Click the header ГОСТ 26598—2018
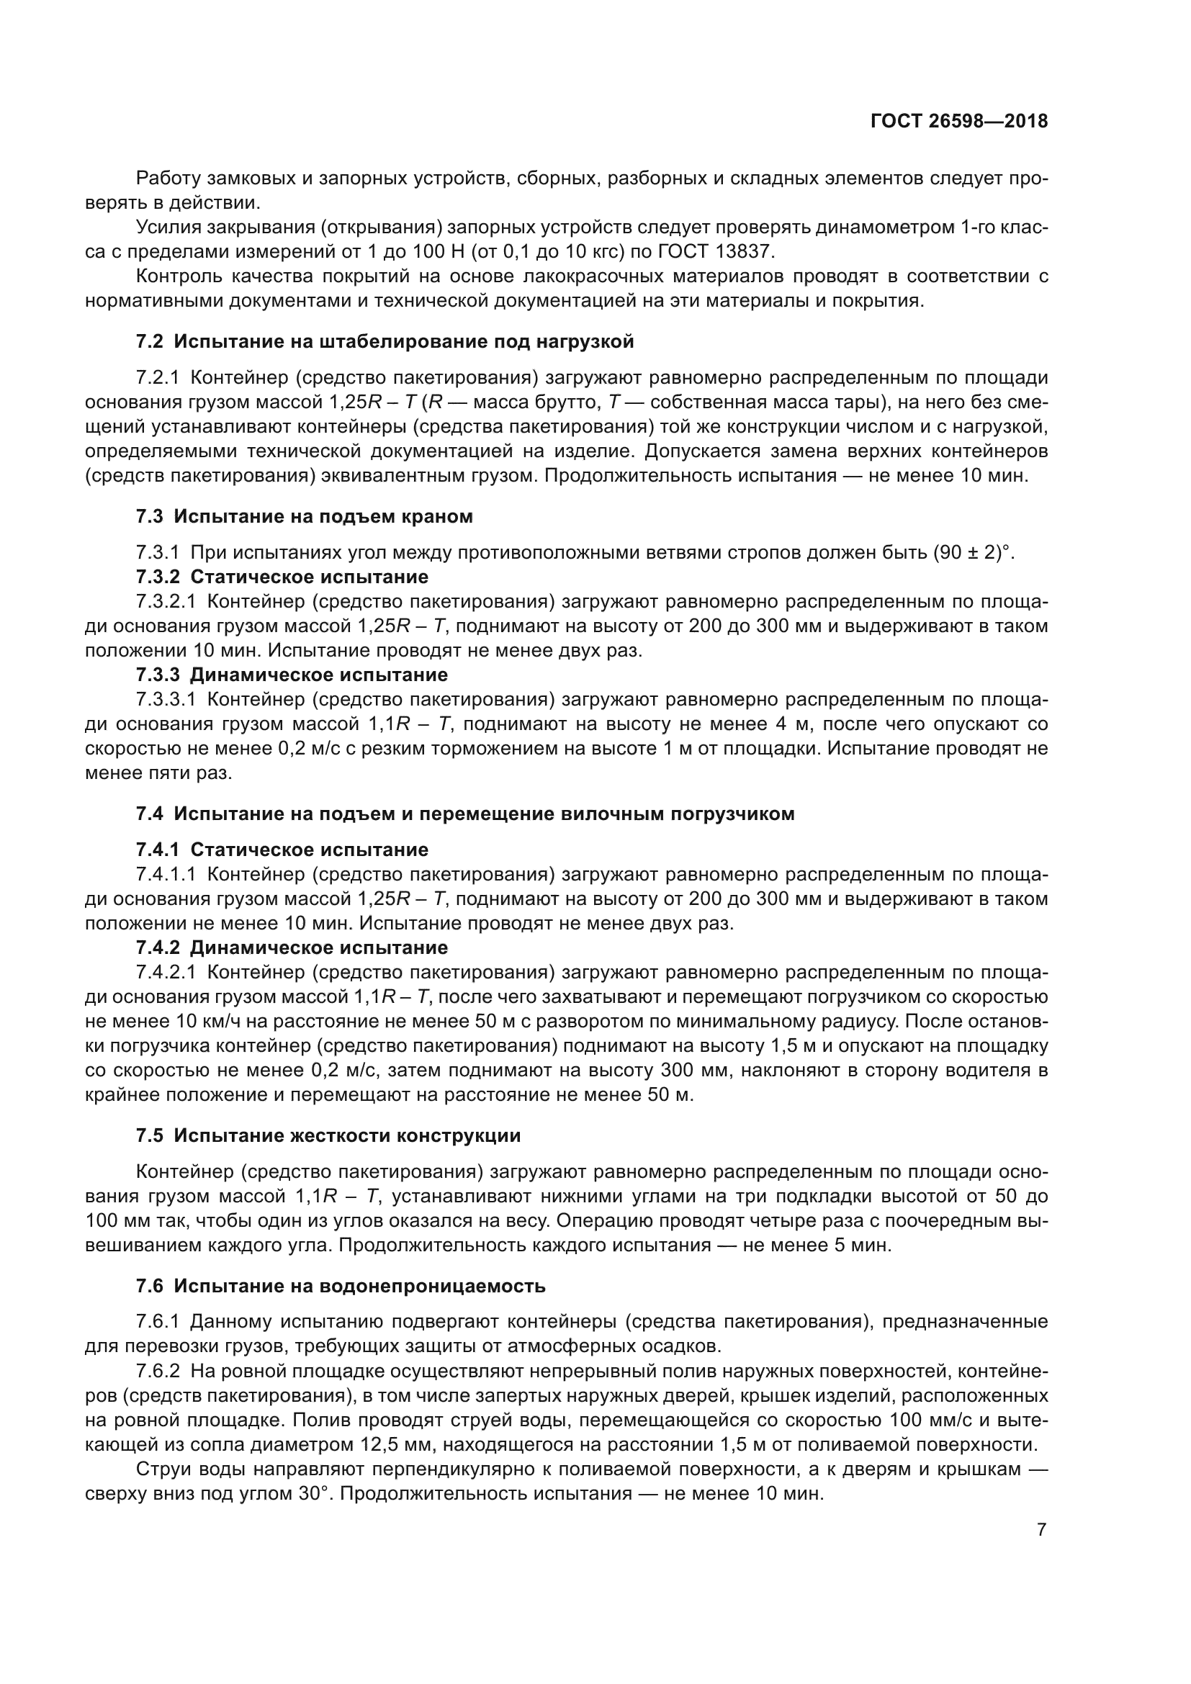958,122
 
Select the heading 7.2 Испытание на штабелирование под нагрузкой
385,342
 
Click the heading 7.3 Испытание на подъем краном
305,516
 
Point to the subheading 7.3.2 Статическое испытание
282,577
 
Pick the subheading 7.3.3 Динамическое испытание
292,674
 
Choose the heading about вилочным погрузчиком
465,814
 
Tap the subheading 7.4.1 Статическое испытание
282,850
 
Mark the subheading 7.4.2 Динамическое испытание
292,947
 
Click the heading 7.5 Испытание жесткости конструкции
328,1135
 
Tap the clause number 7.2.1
158,378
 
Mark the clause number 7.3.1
158,552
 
